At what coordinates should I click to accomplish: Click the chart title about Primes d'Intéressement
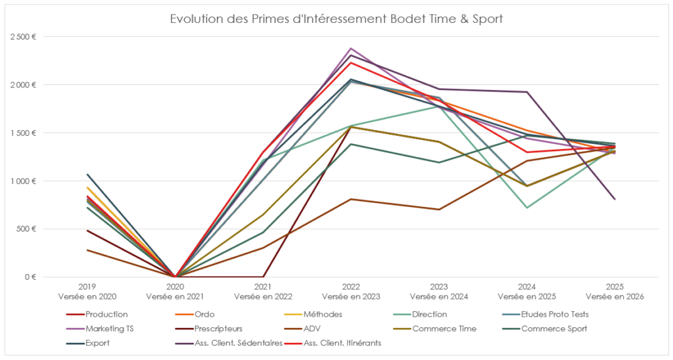coord(336,18)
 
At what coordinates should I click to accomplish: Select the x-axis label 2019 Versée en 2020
coord(87,292)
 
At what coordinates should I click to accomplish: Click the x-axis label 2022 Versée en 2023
coord(351,292)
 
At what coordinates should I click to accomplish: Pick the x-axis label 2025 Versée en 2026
coord(615,292)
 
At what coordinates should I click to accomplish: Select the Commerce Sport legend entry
coord(553,328)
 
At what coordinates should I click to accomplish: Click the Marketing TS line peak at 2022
coord(351,49)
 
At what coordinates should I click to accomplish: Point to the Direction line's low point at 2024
coord(526,208)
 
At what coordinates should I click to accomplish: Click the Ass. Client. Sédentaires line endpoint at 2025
coord(615,199)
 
